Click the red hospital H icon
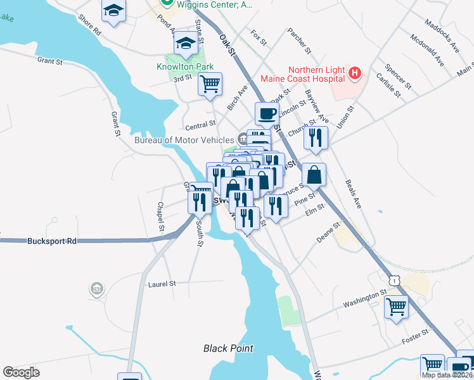click(355, 74)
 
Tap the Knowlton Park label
click(185, 66)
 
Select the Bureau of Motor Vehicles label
click(184, 139)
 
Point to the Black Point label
click(228, 348)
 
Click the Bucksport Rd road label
click(52, 241)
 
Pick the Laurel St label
click(161, 284)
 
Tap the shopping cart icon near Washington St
click(396, 307)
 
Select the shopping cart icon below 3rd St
click(210, 83)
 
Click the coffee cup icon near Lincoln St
click(267, 114)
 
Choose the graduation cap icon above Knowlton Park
click(185, 43)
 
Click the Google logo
click(21, 372)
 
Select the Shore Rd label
click(89, 25)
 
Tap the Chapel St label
click(161, 217)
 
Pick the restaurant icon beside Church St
click(314, 137)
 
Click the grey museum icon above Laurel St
click(96, 289)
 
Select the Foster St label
click(415, 340)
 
